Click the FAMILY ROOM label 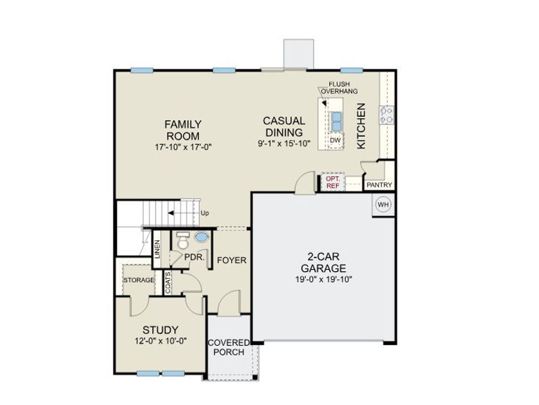click(183, 130)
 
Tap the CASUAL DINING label click(284, 126)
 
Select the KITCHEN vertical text click(361, 126)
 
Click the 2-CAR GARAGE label click(323, 262)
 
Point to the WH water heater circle click(383, 205)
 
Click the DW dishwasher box click(335, 140)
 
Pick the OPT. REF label click(333, 182)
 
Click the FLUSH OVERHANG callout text click(339, 87)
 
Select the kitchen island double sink click(335, 121)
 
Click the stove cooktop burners click(388, 115)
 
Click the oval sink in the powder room click(202, 238)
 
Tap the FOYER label click(231, 260)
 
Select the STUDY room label click(160, 330)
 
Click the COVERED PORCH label click(229, 347)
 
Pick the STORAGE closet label click(139, 280)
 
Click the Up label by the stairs click(205, 213)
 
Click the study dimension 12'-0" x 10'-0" click(160, 342)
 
